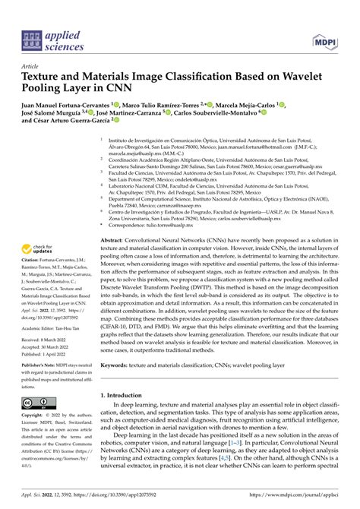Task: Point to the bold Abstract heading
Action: pos(113,239)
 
